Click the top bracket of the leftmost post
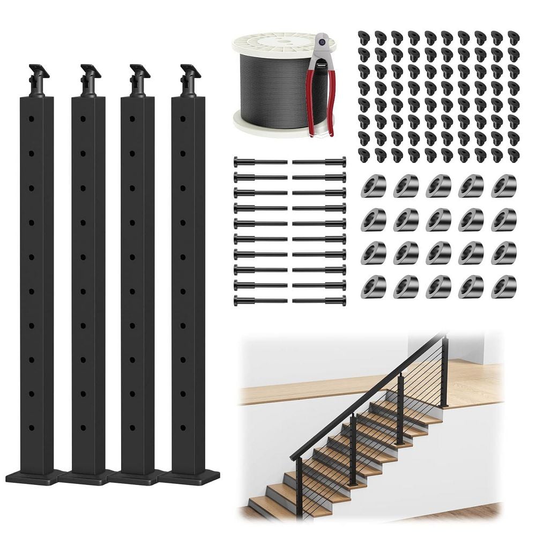[x=37, y=81]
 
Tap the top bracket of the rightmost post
[x=189, y=81]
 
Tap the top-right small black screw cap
[x=513, y=37]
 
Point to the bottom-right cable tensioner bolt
[x=319, y=301]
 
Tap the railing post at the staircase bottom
[x=299, y=482]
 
